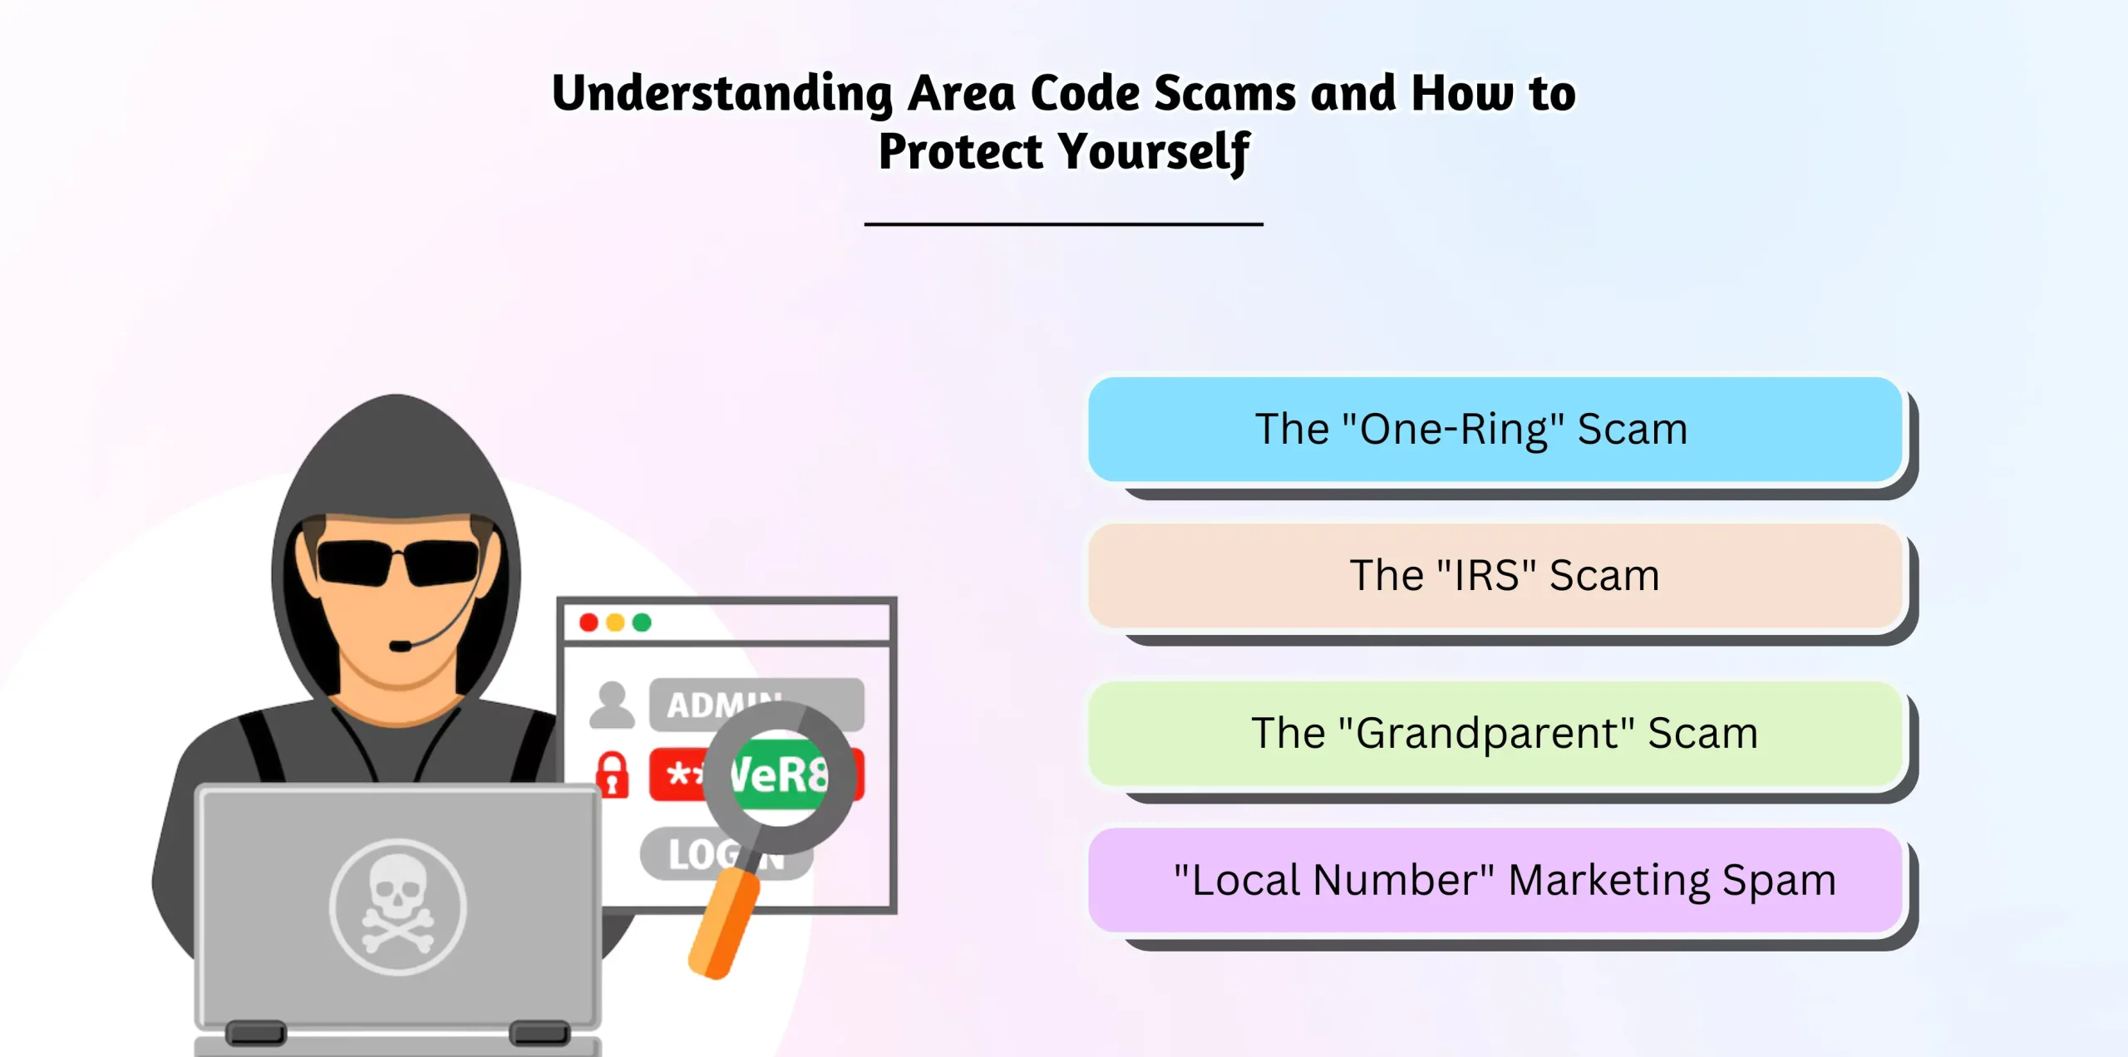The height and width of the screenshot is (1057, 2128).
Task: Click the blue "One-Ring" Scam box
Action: point(1495,429)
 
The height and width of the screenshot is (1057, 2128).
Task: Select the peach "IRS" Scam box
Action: point(1495,575)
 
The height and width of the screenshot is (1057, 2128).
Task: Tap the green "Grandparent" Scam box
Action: point(1495,733)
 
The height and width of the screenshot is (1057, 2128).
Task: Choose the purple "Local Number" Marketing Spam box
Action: point(1495,879)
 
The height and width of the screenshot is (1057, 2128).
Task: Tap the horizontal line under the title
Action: point(1064,224)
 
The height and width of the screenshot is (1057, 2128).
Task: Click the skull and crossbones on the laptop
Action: point(397,906)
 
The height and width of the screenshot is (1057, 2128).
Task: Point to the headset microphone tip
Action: point(399,646)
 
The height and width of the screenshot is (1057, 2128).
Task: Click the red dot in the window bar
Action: point(589,622)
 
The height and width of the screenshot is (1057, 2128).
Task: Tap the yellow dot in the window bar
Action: point(615,622)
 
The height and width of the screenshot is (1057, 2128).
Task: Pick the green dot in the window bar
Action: point(642,622)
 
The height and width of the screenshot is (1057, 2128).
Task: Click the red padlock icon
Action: point(613,774)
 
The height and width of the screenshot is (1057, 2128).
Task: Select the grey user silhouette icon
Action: point(612,705)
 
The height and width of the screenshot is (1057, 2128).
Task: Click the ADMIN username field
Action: point(756,705)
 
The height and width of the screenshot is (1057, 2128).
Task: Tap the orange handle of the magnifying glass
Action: point(723,922)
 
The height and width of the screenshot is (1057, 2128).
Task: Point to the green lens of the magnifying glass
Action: point(779,776)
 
